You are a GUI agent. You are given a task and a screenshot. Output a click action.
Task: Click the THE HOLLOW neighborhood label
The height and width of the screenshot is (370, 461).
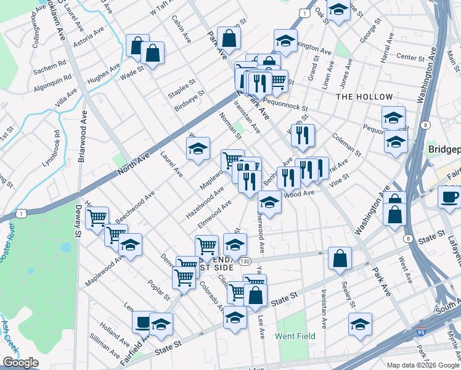tap(364, 97)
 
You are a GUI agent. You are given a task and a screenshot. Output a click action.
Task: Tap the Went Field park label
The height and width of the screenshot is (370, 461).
tap(295, 336)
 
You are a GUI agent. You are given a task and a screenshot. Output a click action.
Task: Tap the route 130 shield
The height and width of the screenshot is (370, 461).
tap(245, 261)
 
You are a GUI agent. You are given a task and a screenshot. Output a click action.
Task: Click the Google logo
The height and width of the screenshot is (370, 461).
tap(20, 363)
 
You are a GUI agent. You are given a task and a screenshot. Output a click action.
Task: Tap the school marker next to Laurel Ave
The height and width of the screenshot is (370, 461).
tap(198, 149)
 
